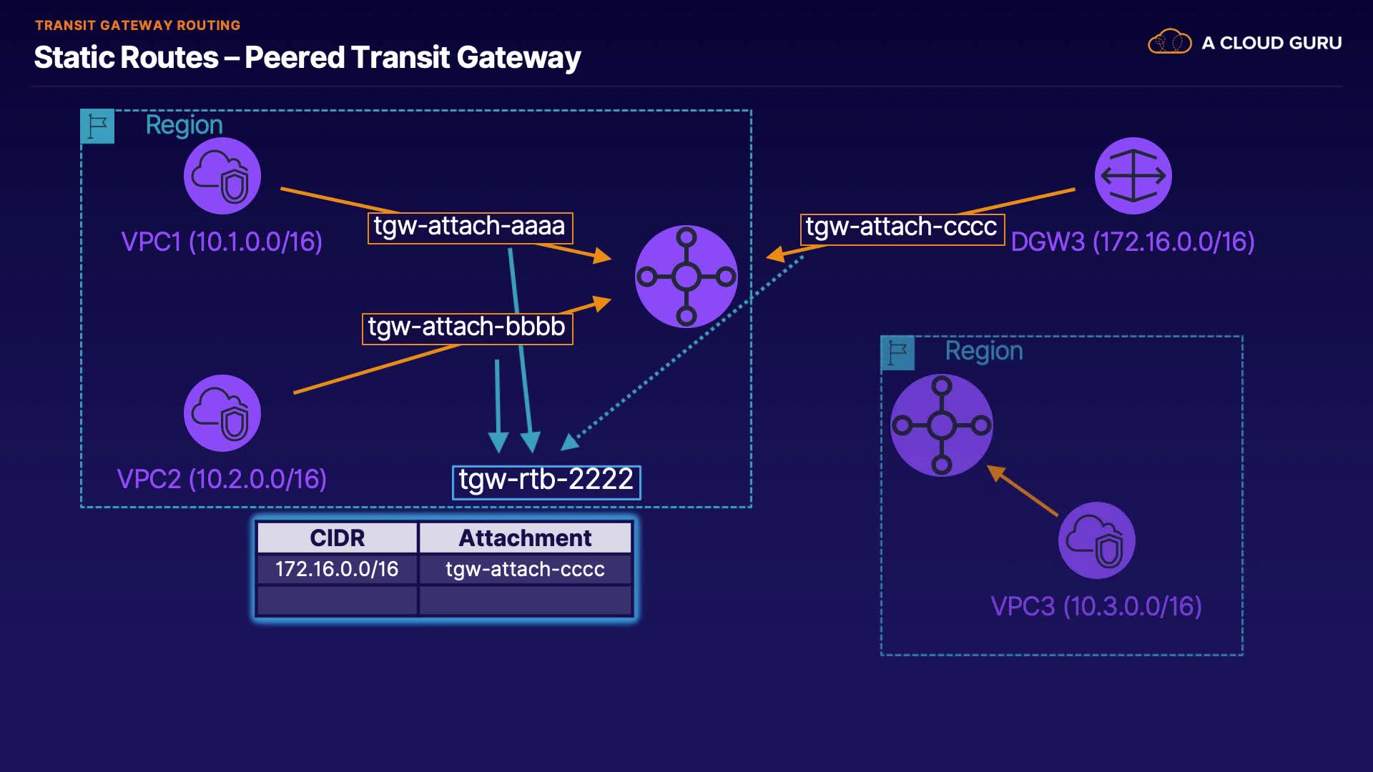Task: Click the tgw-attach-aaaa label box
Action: point(470,227)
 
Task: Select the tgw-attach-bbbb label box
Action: point(467,328)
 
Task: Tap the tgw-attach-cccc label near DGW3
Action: point(902,229)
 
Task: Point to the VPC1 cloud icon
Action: point(222,176)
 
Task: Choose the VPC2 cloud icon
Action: point(222,413)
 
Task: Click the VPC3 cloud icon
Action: point(1096,540)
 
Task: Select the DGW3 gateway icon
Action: point(1133,176)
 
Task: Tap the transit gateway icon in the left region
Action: point(686,277)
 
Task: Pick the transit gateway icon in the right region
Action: point(941,425)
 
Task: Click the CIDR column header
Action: point(337,538)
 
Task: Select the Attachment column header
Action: point(525,538)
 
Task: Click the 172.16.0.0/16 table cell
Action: point(337,569)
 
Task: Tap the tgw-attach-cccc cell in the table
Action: point(525,569)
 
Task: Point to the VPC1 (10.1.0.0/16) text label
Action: point(222,242)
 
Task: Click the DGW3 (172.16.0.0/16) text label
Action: point(1133,242)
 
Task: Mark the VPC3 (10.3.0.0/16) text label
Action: point(1096,606)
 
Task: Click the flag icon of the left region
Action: point(97,127)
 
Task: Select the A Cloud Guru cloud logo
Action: point(1169,42)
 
